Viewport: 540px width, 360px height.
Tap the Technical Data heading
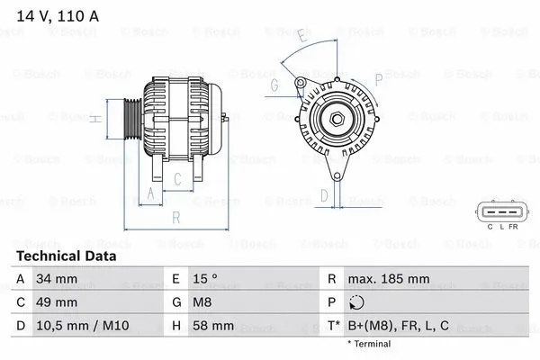coord(66,256)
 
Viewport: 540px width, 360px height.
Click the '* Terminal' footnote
coord(369,343)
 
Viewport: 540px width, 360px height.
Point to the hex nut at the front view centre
coord(333,121)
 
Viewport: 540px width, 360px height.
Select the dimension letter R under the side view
coord(176,217)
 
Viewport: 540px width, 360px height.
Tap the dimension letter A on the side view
coord(150,194)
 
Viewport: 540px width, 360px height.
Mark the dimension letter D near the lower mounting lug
coord(325,194)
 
